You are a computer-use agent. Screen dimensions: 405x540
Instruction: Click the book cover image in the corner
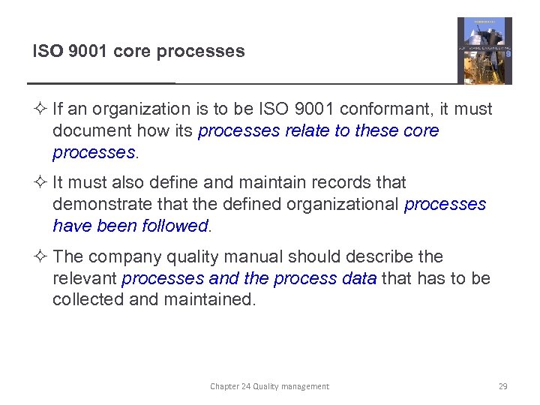pos(484,50)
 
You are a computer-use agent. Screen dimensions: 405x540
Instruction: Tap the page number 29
pos(502,386)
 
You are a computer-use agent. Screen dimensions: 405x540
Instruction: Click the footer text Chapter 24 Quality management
pos(269,386)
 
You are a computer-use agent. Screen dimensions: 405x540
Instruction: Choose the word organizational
pos(343,204)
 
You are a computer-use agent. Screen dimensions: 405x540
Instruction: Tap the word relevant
pos(84,278)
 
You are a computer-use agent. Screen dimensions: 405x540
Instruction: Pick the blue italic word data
pos(358,278)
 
